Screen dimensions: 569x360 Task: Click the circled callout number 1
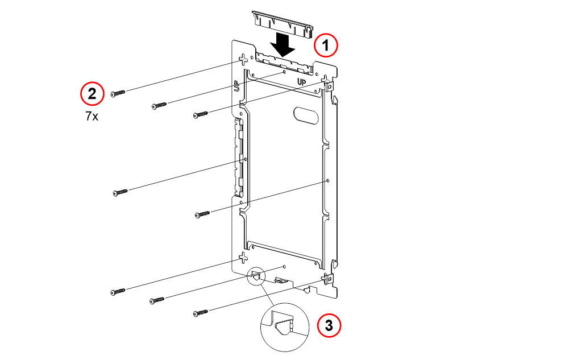pyautogui.click(x=326, y=45)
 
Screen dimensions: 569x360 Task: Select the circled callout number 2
pyautogui.click(x=92, y=94)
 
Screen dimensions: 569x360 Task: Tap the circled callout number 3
pyautogui.click(x=329, y=325)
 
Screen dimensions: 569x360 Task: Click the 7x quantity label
pyautogui.click(x=92, y=116)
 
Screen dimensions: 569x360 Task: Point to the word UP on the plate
pyautogui.click(x=302, y=82)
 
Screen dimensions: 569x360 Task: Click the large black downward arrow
pyautogui.click(x=283, y=44)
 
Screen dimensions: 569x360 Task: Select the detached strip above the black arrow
pyautogui.click(x=283, y=23)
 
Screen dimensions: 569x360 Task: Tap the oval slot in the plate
pyautogui.click(x=306, y=115)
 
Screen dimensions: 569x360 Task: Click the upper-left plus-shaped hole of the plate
pyautogui.click(x=243, y=59)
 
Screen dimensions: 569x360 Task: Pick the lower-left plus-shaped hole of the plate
pyautogui.click(x=243, y=258)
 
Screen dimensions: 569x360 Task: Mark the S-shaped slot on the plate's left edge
pyautogui.click(x=236, y=86)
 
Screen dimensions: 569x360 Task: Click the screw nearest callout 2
pyautogui.click(x=118, y=93)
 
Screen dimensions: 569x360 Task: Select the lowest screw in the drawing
pyautogui.click(x=201, y=312)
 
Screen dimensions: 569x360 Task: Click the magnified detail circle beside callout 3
pyautogui.click(x=285, y=327)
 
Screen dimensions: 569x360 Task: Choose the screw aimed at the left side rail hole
pyautogui.click(x=121, y=192)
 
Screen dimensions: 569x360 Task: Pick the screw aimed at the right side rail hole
pyautogui.click(x=202, y=214)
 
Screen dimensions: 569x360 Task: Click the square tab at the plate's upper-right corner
pyautogui.click(x=329, y=87)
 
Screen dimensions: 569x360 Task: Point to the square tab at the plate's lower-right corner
pyautogui.click(x=329, y=279)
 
